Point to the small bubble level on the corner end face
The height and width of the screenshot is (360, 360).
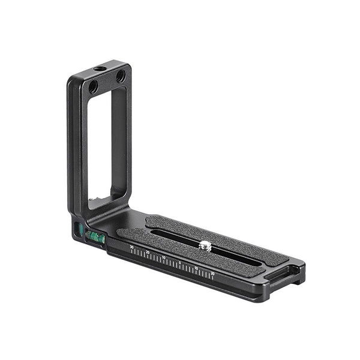(78, 229)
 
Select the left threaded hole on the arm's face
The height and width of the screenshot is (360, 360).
(94, 87)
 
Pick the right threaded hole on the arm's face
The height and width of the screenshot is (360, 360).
(121, 76)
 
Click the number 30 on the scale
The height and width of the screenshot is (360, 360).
(132, 247)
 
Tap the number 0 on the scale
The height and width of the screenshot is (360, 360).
(180, 262)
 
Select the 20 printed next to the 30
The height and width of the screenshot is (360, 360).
(148, 252)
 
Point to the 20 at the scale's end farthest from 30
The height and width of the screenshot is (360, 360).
(212, 273)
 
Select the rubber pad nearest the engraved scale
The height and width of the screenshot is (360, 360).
(162, 242)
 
